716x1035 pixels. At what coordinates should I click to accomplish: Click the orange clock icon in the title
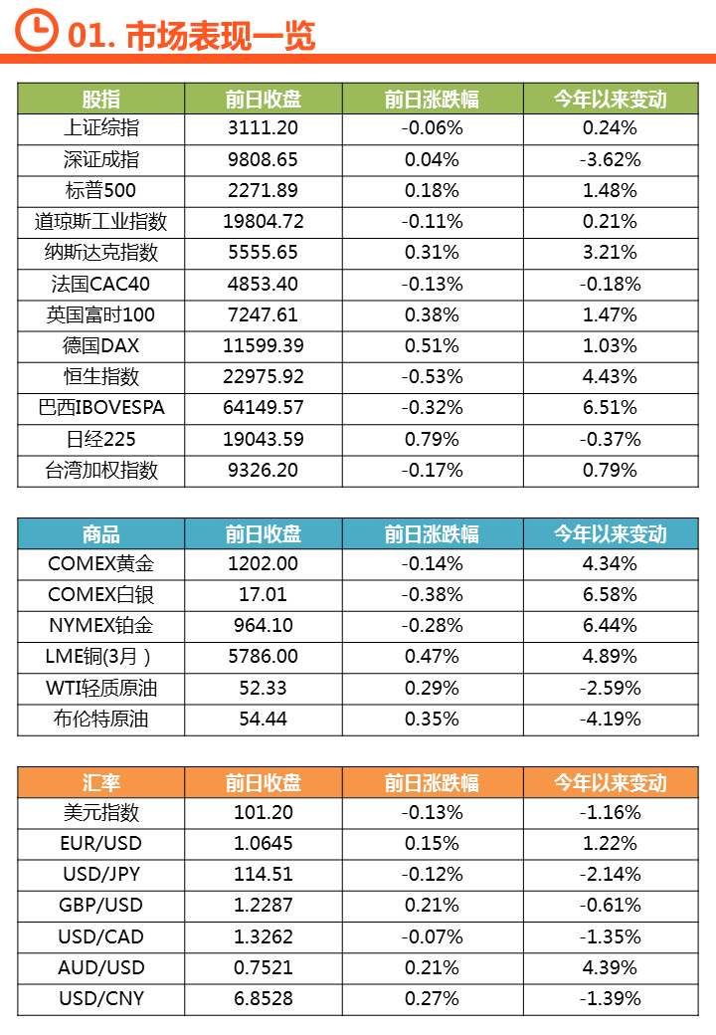pyautogui.click(x=37, y=32)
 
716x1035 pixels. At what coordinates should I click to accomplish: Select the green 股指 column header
pyautogui.click(x=100, y=99)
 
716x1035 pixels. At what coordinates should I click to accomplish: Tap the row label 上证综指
pyautogui.click(x=100, y=127)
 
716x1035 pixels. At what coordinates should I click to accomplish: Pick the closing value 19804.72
pyautogui.click(x=264, y=221)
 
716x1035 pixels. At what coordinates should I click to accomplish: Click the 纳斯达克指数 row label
pyautogui.click(x=100, y=253)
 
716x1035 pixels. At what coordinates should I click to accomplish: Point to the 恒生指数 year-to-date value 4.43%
pyautogui.click(x=610, y=377)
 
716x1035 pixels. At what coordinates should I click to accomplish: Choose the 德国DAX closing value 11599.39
pyautogui.click(x=264, y=346)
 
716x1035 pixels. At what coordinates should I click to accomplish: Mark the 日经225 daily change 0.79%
pyautogui.click(x=432, y=439)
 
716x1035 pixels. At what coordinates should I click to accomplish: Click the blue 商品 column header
pyautogui.click(x=100, y=533)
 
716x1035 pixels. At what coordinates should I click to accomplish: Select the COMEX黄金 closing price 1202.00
pyautogui.click(x=264, y=563)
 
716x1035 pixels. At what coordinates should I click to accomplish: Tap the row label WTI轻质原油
pyautogui.click(x=100, y=688)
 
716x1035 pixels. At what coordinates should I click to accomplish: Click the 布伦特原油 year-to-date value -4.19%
pyautogui.click(x=610, y=719)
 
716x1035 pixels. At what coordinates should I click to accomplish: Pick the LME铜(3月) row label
pyautogui.click(x=100, y=657)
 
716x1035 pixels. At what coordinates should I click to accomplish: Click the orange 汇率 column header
pyautogui.click(x=100, y=782)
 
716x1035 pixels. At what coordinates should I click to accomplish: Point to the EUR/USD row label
pyautogui.click(x=100, y=843)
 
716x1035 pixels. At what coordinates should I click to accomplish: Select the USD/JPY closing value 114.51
pyautogui.click(x=264, y=874)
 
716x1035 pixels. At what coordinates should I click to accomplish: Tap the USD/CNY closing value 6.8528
pyautogui.click(x=264, y=998)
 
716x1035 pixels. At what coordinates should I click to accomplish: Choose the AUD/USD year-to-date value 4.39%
pyautogui.click(x=610, y=967)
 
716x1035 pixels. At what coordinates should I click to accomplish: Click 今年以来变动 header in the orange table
pyautogui.click(x=610, y=782)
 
